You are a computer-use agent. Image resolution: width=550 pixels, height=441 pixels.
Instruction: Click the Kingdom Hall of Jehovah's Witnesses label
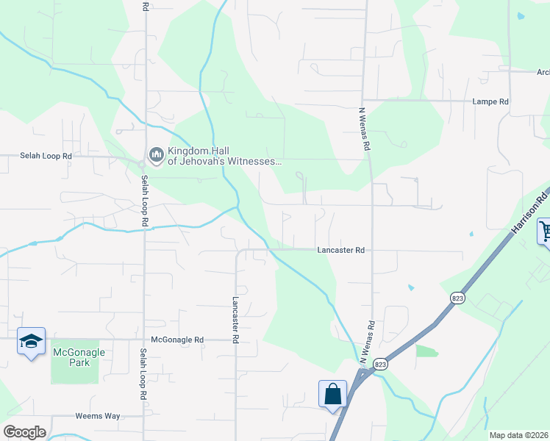[x=224, y=156]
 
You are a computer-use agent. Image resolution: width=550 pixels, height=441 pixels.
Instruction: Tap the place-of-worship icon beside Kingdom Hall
[x=156, y=154]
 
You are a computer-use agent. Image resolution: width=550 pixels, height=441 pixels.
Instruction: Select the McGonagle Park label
[x=79, y=357]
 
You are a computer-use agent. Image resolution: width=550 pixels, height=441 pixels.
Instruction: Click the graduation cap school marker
[x=31, y=341]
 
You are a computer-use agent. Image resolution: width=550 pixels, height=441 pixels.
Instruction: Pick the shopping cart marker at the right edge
[x=545, y=231]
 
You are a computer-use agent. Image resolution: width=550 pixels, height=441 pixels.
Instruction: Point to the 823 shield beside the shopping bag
[x=380, y=364]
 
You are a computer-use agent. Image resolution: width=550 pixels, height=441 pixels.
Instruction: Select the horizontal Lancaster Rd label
[x=341, y=250]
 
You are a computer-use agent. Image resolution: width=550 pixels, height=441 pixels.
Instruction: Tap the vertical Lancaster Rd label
[x=236, y=320]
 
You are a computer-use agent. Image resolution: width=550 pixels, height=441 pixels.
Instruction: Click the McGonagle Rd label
[x=176, y=340]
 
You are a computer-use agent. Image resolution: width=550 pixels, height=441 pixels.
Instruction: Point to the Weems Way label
[x=97, y=416]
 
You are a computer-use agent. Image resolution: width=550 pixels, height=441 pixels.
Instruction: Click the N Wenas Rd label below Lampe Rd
[x=364, y=129]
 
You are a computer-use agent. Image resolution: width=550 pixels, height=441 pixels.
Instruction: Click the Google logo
[x=24, y=432]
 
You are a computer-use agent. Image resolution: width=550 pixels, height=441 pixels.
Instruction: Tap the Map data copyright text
[x=518, y=435]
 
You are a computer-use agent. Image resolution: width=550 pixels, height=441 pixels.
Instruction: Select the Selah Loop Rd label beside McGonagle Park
[x=143, y=373]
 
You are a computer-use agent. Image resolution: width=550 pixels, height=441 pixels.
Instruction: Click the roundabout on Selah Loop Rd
[x=142, y=163]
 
